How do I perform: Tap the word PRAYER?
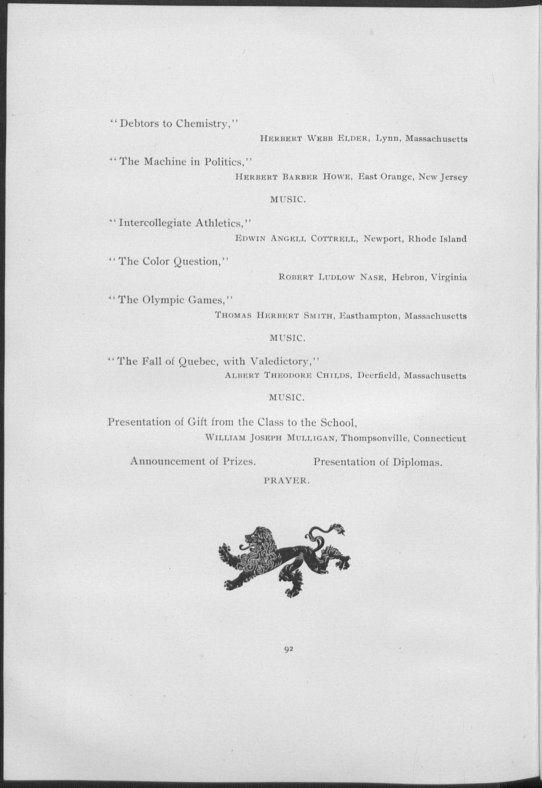pyautogui.click(x=287, y=481)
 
